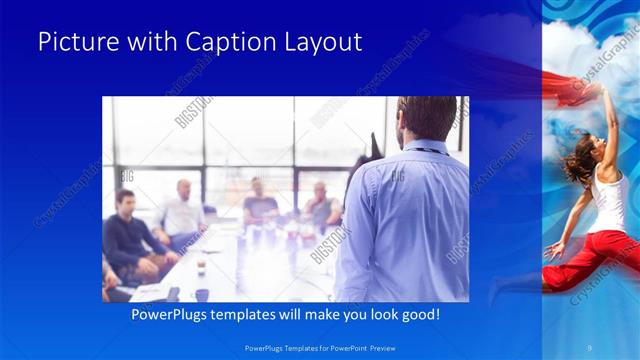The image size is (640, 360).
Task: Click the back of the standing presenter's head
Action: (412, 118)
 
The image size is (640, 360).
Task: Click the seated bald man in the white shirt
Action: (181, 210)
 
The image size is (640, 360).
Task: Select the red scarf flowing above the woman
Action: (570, 80)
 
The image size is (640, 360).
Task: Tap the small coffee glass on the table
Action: (201, 267)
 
